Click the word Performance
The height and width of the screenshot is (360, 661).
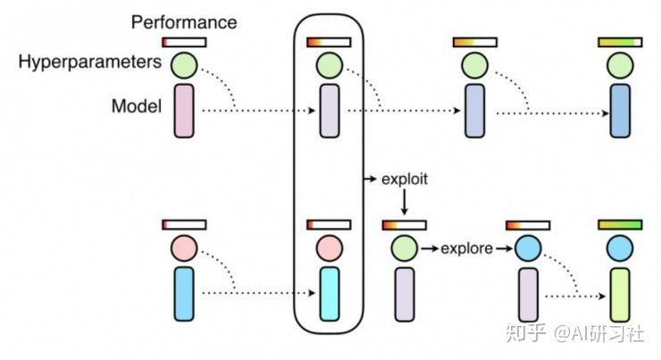[x=184, y=22]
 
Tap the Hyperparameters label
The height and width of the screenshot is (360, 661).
[x=90, y=62]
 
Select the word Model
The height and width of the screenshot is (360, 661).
[x=137, y=105]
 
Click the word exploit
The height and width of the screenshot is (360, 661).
[x=405, y=180]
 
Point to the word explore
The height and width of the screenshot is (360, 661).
[x=466, y=248]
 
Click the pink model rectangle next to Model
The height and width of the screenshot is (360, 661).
[x=184, y=111]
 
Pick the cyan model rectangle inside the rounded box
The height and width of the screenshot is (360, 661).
[x=330, y=294]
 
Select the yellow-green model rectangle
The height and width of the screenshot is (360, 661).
[x=620, y=295]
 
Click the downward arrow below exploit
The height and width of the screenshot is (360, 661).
[x=405, y=203]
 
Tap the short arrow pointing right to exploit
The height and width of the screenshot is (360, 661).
[x=370, y=180]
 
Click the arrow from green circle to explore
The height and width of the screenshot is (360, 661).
[x=430, y=248]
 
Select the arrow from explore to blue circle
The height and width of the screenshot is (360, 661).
[x=504, y=248]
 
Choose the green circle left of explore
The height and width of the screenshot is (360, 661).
[x=405, y=248]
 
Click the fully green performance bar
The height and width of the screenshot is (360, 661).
[x=620, y=225]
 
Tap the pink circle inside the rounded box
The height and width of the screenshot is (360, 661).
[x=330, y=248]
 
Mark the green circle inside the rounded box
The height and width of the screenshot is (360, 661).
[x=330, y=65]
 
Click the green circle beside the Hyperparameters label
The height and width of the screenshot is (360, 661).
[x=184, y=65]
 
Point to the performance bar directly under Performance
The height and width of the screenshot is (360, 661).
[x=184, y=42]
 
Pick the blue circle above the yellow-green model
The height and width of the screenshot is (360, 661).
[x=620, y=248]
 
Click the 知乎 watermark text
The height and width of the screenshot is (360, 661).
[x=526, y=332]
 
